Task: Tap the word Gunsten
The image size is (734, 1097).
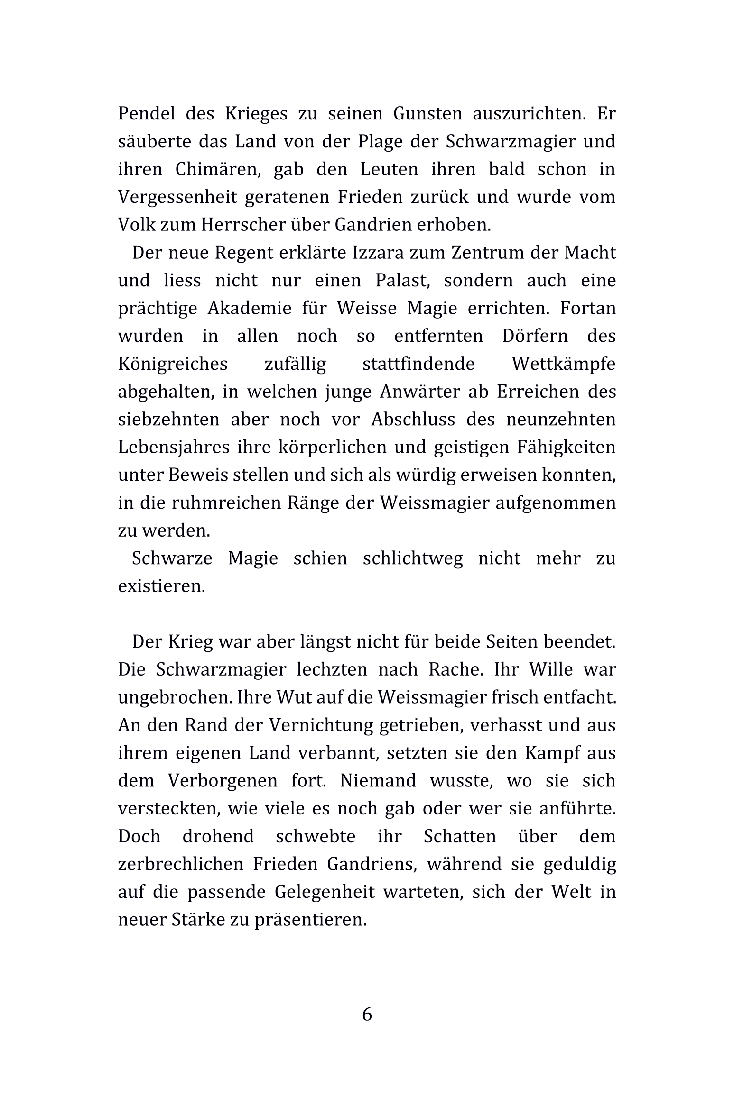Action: (x=427, y=114)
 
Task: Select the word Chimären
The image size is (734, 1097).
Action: (x=218, y=170)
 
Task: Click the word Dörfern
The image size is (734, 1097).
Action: (x=535, y=336)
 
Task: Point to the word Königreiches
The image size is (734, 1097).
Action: (x=173, y=364)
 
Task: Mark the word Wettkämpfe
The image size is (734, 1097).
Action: (x=563, y=364)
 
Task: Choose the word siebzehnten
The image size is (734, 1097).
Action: (x=168, y=420)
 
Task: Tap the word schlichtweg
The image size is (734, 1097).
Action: (x=413, y=558)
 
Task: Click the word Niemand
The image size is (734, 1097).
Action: (x=378, y=780)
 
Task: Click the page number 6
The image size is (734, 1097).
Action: (x=367, y=1015)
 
